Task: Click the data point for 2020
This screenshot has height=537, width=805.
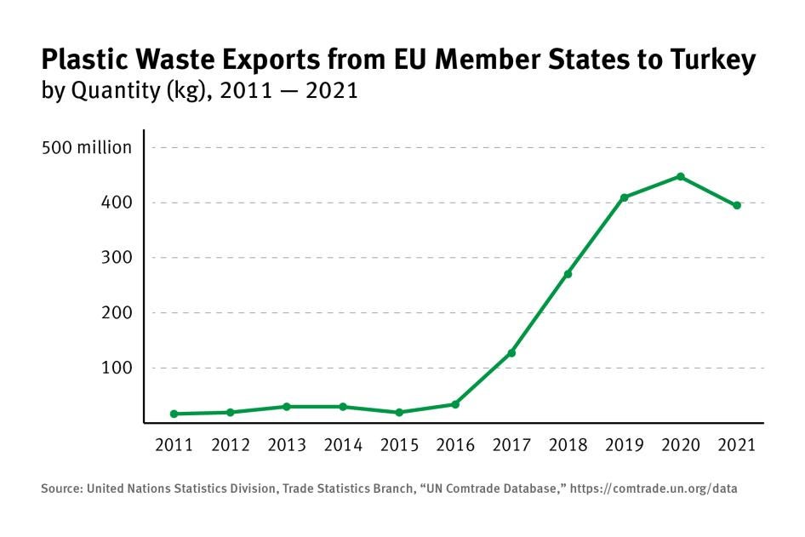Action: [x=681, y=176]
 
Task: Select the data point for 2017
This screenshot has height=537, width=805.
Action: [x=511, y=353]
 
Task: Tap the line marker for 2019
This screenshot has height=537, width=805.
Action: [x=624, y=197]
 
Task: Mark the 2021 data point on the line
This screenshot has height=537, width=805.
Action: [x=737, y=205]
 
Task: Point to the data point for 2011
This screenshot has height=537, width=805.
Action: [x=174, y=414]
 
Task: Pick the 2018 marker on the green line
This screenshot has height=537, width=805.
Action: [x=568, y=274]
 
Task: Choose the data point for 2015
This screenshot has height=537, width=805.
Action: [x=399, y=412]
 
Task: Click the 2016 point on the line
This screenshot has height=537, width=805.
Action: [x=455, y=404]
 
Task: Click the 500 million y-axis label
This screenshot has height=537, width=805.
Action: [x=87, y=148]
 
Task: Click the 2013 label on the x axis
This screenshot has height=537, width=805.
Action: [x=287, y=444]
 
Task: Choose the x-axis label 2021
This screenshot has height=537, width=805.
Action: [x=737, y=444]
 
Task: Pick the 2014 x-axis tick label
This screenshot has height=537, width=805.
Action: [x=343, y=444]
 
